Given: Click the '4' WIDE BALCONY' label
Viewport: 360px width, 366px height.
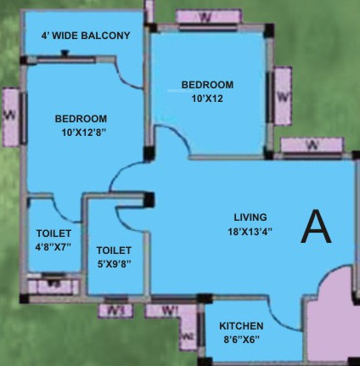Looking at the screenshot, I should [x=86, y=36].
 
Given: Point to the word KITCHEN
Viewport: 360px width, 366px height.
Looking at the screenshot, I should [x=241, y=326].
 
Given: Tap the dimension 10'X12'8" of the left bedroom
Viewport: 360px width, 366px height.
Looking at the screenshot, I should [x=81, y=132].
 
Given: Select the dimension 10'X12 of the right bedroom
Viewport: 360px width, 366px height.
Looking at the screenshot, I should [x=206, y=98].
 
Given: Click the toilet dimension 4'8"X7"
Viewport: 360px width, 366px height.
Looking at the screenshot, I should [x=53, y=247].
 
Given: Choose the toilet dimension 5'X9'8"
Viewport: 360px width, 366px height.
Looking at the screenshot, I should [x=114, y=264].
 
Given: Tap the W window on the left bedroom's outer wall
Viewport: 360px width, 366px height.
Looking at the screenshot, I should [x=10, y=115].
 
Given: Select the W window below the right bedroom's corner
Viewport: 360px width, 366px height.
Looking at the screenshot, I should [x=312, y=145].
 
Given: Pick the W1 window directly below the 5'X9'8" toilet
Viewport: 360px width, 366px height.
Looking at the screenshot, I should [x=116, y=310].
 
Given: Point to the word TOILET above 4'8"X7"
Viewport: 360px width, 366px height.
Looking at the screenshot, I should [x=53, y=234].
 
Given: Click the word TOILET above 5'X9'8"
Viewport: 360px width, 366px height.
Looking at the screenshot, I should [x=114, y=251].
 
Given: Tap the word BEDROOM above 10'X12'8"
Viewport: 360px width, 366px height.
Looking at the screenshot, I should [x=81, y=118].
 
